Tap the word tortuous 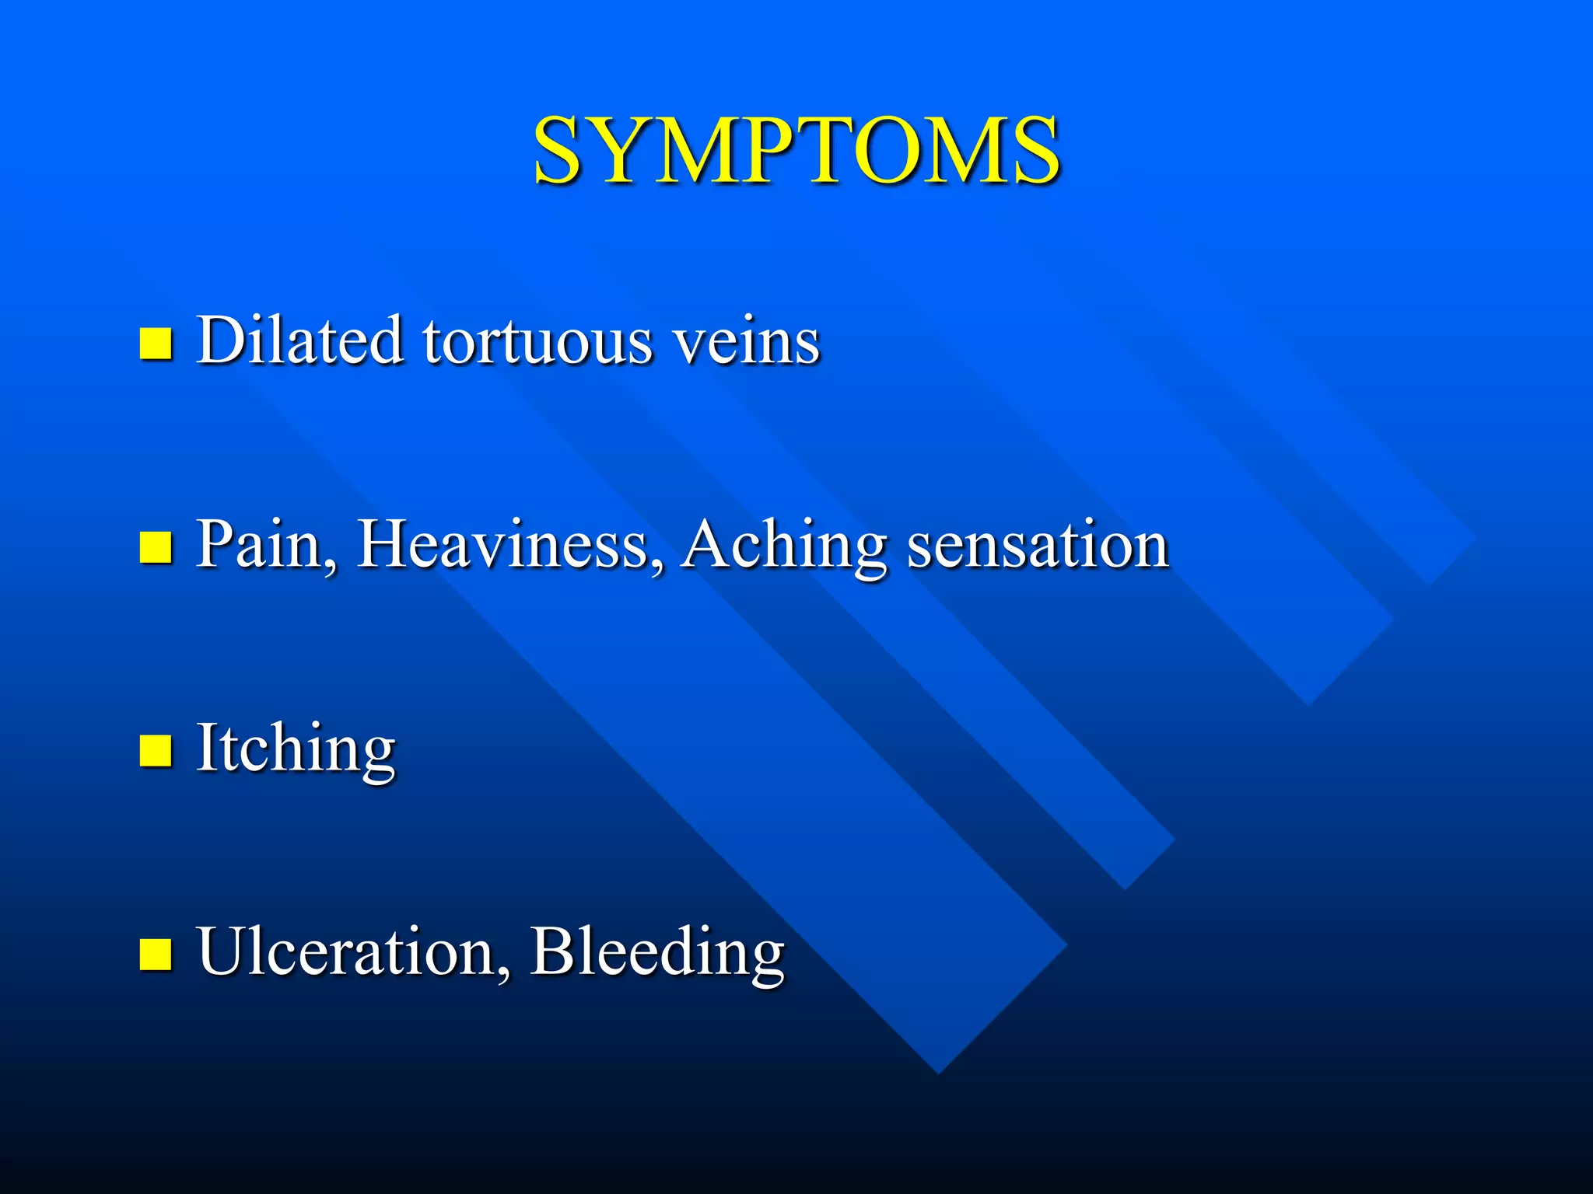click(537, 341)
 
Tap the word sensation click(1038, 545)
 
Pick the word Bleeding click(657, 953)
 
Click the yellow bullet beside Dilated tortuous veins click(156, 343)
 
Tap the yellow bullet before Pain click(156, 546)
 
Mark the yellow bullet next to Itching click(156, 751)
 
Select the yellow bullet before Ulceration click(156, 955)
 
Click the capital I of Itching click(205, 747)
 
